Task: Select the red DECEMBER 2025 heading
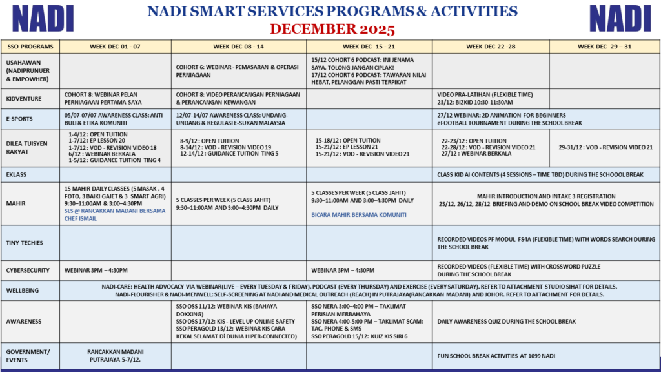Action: [x=332, y=29]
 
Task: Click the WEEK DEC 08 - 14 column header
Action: [x=238, y=46]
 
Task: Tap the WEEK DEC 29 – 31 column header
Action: [x=604, y=46]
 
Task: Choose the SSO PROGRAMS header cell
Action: [x=29, y=46]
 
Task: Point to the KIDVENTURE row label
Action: [x=24, y=98]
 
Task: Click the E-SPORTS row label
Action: [x=20, y=118]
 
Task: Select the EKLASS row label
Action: [x=17, y=174]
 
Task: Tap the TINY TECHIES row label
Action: [x=25, y=243]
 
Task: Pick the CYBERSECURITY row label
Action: [x=30, y=270]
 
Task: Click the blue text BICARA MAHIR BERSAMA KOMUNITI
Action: [x=359, y=215]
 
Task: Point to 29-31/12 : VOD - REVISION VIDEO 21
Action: [x=605, y=147]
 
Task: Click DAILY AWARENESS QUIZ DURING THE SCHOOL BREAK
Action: [x=506, y=321]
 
